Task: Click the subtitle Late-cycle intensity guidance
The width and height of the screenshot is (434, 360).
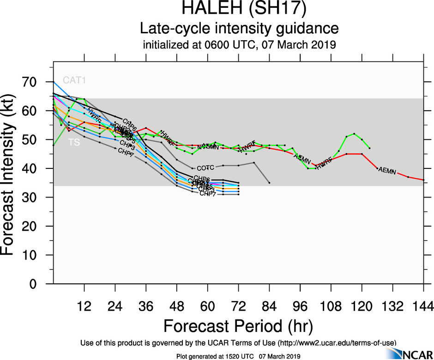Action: pyautogui.click(x=239, y=29)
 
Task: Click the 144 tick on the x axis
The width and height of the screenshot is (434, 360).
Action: pyautogui.click(x=423, y=306)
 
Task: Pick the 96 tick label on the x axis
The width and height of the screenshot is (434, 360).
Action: pyautogui.click(x=300, y=306)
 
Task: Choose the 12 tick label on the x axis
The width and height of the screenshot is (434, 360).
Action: pyautogui.click(x=84, y=306)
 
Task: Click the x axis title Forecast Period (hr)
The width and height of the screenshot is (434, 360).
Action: pyautogui.click(x=238, y=327)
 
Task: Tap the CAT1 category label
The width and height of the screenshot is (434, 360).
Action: pyautogui.click(x=75, y=80)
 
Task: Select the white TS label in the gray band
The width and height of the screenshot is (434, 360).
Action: pyautogui.click(x=74, y=143)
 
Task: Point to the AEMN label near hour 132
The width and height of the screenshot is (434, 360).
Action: pyautogui.click(x=387, y=171)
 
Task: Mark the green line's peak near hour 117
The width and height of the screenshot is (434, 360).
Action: pyautogui.click(x=354, y=134)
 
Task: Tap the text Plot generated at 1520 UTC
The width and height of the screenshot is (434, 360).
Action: pyautogui.click(x=216, y=356)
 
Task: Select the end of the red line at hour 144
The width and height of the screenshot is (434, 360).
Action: pyautogui.click(x=423, y=180)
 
